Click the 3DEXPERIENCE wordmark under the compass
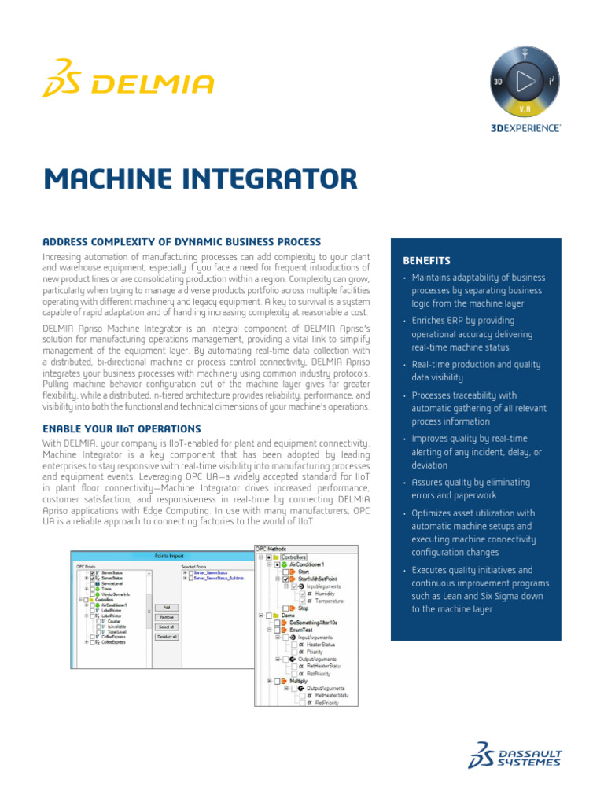527,127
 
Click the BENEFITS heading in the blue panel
426,260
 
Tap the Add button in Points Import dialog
167,607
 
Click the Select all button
167,627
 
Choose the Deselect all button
167,637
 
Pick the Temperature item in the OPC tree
330,601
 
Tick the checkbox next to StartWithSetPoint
285,579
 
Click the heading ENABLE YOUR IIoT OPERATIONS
121,428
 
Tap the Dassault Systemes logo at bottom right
515,754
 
